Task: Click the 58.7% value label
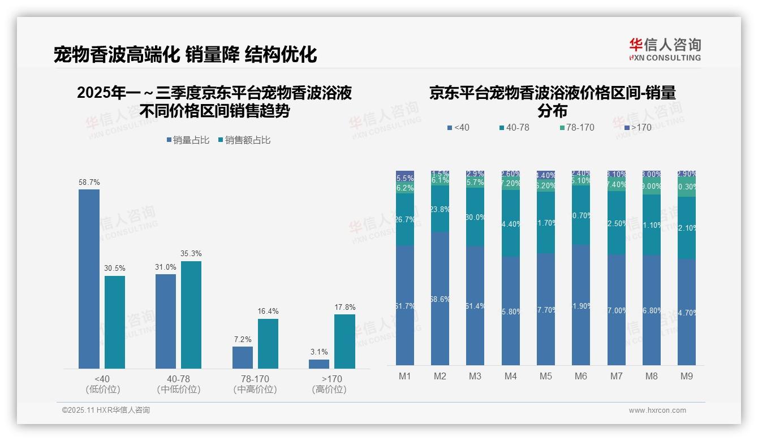pos(89,183)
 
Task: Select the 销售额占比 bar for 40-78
pos(191,314)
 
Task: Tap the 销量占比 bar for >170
pos(319,364)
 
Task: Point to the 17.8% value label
pos(344,308)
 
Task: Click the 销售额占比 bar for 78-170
pos(268,343)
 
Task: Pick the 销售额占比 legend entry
pos(244,140)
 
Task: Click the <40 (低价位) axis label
pos(102,384)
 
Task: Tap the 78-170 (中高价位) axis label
pos(255,384)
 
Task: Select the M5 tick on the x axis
pos(545,376)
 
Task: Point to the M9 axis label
pos(686,376)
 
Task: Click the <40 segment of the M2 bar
pos(440,299)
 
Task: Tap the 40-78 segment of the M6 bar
pos(580,215)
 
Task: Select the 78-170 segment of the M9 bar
pos(686,187)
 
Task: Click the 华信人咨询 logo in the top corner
pos(665,49)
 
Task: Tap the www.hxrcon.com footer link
pos(657,410)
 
